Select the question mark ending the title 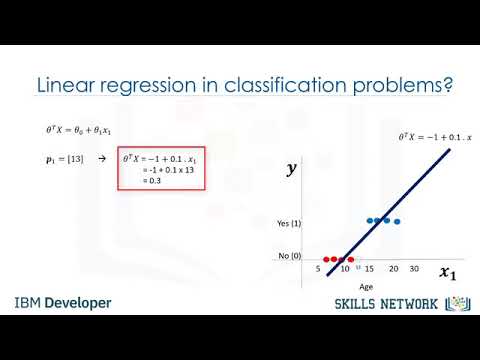pyautogui.click(x=450, y=87)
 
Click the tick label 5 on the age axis pyautogui.click(x=318, y=269)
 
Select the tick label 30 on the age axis pyautogui.click(x=415, y=269)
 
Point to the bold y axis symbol pyautogui.click(x=292, y=170)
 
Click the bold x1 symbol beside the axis pyautogui.click(x=446, y=272)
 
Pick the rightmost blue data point pyautogui.click(x=397, y=220)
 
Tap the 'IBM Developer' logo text pyautogui.click(x=63, y=303)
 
